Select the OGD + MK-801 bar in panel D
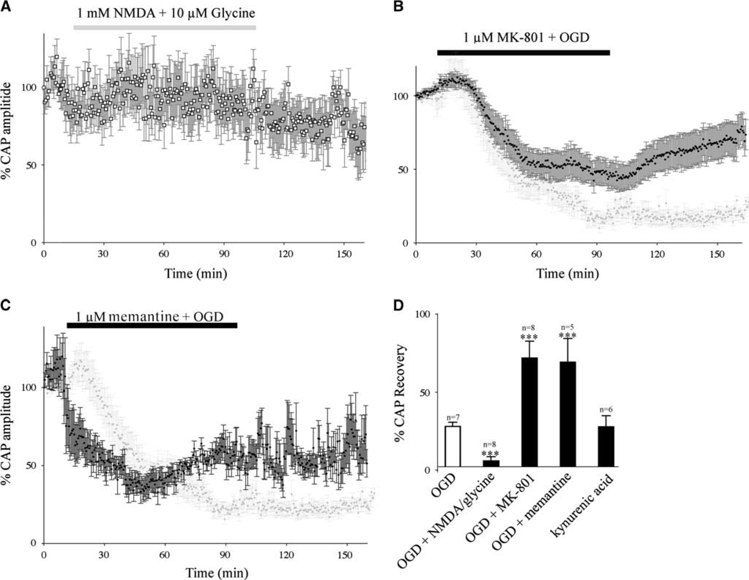click(x=529, y=412)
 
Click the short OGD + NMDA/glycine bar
click(x=491, y=463)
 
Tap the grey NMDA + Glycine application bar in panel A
click(x=165, y=27)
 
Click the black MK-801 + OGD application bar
click(x=523, y=53)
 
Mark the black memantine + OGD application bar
click(x=152, y=325)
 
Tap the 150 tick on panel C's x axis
click(x=347, y=555)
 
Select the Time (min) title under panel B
click(x=567, y=274)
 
